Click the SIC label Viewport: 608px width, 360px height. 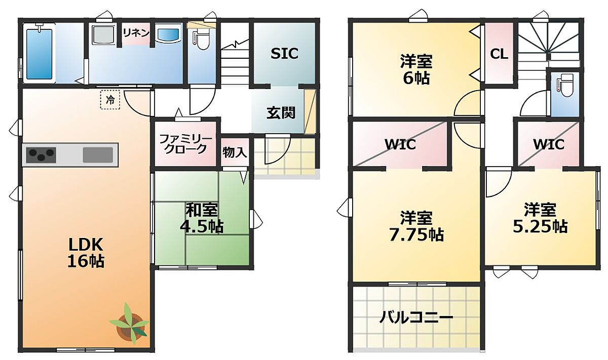click(284, 54)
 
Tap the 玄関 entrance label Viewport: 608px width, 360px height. click(281, 112)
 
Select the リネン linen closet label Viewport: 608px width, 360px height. click(136, 33)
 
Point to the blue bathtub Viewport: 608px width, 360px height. click(40, 54)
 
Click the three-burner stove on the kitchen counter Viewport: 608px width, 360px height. click(41, 154)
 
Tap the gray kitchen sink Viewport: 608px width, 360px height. click(98, 155)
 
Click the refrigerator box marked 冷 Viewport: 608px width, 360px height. click(110, 100)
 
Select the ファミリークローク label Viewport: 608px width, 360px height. click(185, 144)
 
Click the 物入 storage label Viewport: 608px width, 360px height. click(235, 152)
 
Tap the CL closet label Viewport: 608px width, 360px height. click(499, 55)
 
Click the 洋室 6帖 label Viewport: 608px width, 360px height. click(416, 70)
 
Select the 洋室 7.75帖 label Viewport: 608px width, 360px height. click(416, 227)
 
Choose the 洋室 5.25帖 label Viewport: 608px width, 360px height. click(540, 218)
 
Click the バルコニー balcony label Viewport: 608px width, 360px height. click(416, 317)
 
